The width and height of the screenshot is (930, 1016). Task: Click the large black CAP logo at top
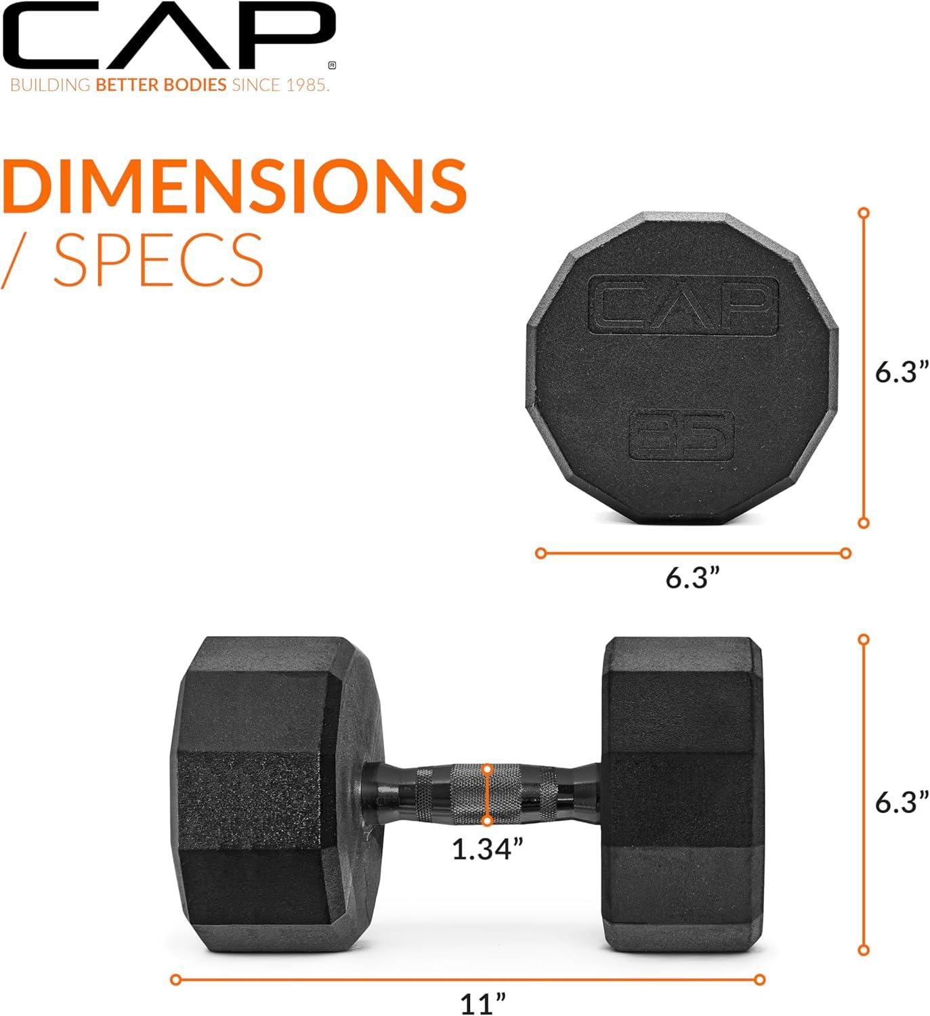click(168, 34)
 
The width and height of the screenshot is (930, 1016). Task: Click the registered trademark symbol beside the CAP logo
click(333, 65)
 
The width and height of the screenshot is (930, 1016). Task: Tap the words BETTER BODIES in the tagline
click(161, 85)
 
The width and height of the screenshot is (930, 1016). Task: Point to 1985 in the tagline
click(307, 85)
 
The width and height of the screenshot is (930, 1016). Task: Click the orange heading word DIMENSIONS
click(234, 186)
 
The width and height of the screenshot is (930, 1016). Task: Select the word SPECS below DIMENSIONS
click(158, 259)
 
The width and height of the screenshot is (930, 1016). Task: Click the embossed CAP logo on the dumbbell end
click(683, 306)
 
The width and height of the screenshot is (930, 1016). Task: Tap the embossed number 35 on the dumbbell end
click(681, 435)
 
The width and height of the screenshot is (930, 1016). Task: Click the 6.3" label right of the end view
click(902, 372)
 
